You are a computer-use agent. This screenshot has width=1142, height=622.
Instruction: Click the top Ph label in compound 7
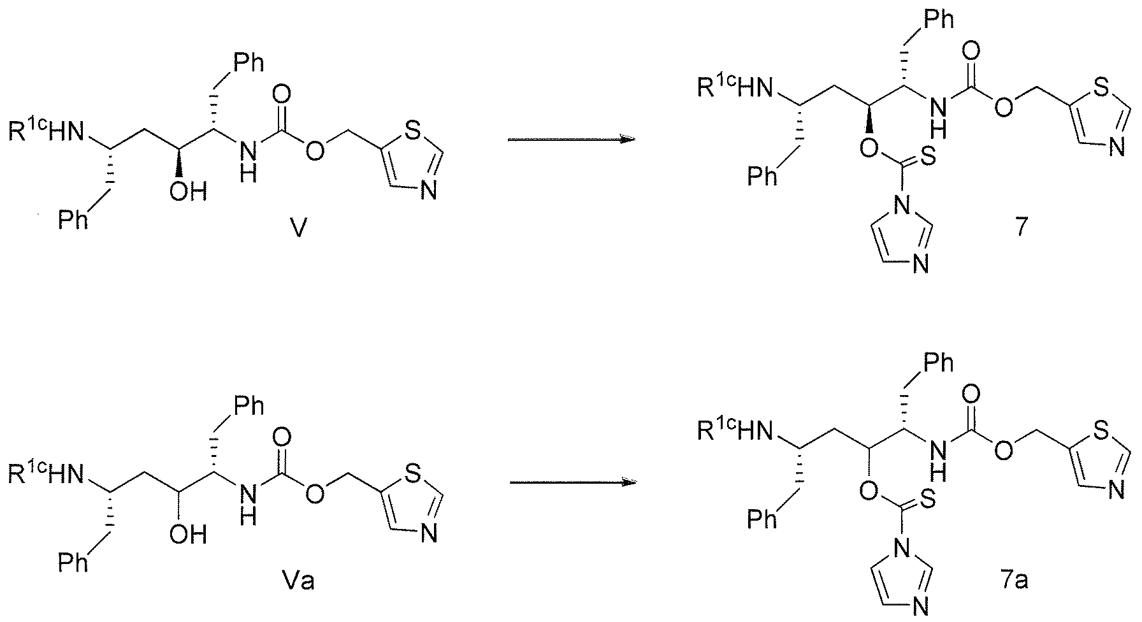click(x=939, y=19)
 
